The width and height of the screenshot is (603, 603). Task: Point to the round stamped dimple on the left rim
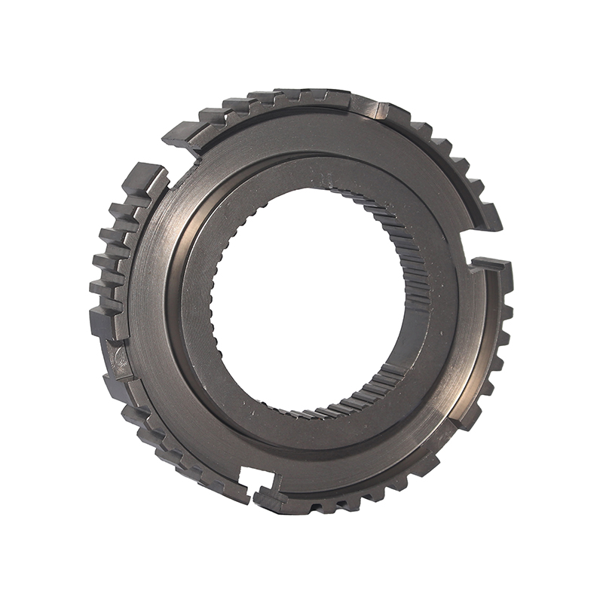117,354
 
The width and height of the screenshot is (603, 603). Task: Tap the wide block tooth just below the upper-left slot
147,181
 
